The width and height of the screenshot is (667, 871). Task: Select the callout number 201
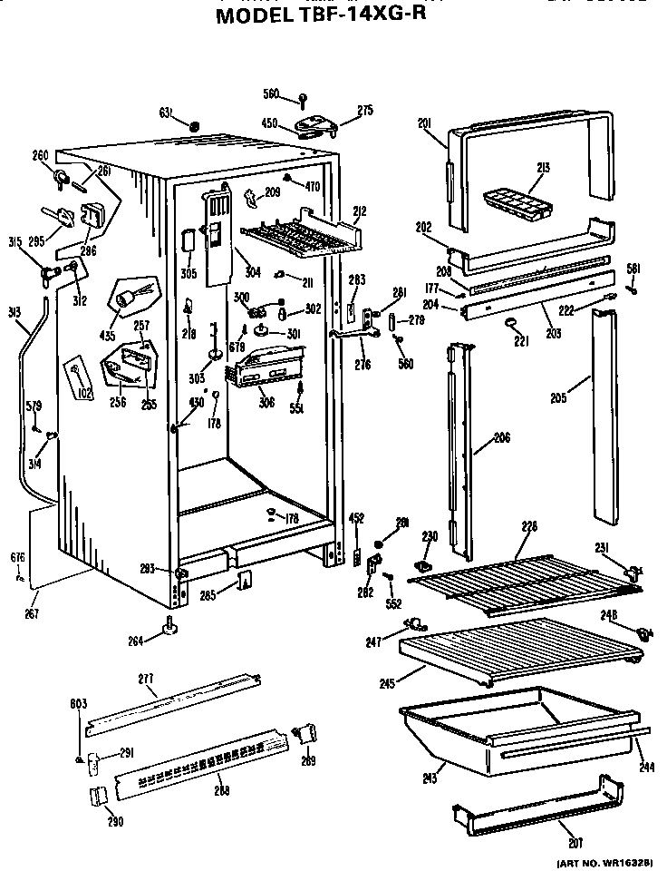(427, 123)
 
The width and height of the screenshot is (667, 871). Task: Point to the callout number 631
(166, 113)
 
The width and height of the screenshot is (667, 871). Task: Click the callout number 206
(501, 438)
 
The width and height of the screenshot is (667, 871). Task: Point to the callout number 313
(12, 312)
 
